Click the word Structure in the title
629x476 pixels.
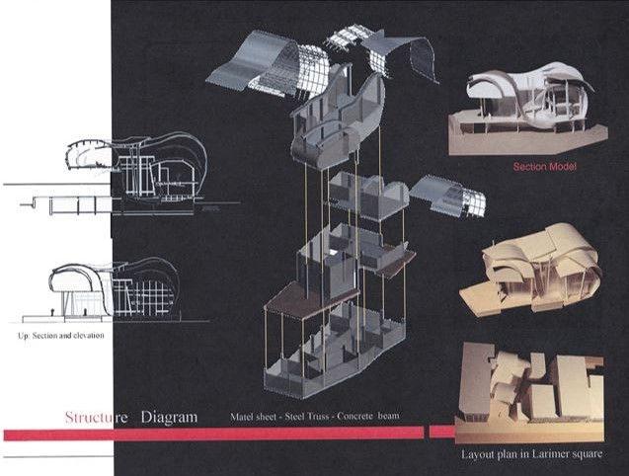[96, 417]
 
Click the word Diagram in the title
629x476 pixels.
[168, 417]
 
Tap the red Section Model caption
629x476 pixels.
[544, 167]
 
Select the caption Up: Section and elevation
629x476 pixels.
[60, 336]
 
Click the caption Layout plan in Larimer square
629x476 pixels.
[530, 454]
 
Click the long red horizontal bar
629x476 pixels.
[212, 434]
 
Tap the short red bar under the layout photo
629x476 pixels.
[442, 432]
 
